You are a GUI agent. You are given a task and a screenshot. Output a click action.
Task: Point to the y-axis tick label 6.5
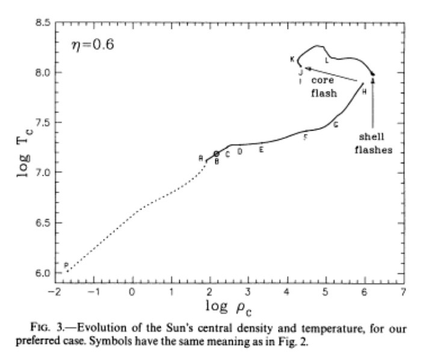pyautogui.click(x=41, y=223)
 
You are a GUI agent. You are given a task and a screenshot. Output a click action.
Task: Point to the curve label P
pyautogui.click(x=66, y=265)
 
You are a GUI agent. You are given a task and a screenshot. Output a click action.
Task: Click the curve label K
pyautogui.click(x=292, y=59)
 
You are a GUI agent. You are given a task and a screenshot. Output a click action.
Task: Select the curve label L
pyautogui.click(x=327, y=60)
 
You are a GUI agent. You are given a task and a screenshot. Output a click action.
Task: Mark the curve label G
pyautogui.click(x=336, y=125)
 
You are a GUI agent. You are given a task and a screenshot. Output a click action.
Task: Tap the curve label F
pyautogui.click(x=306, y=137)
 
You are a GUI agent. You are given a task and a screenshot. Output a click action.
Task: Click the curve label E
pyautogui.click(x=261, y=149)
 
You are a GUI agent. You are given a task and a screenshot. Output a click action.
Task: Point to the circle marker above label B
pyautogui.click(x=217, y=154)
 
